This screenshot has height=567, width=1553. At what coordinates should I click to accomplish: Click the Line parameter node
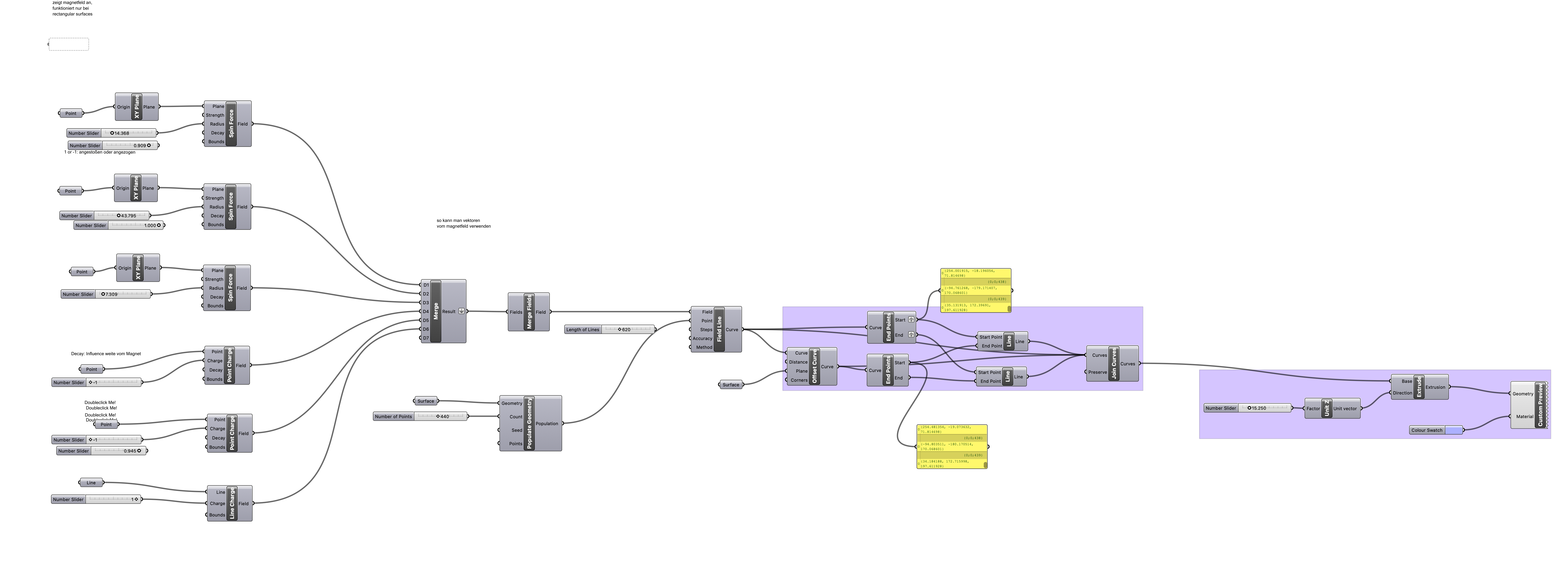[91, 483]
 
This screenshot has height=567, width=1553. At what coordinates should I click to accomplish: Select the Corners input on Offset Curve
[799, 380]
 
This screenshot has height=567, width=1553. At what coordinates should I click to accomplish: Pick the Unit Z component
[1326, 408]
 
